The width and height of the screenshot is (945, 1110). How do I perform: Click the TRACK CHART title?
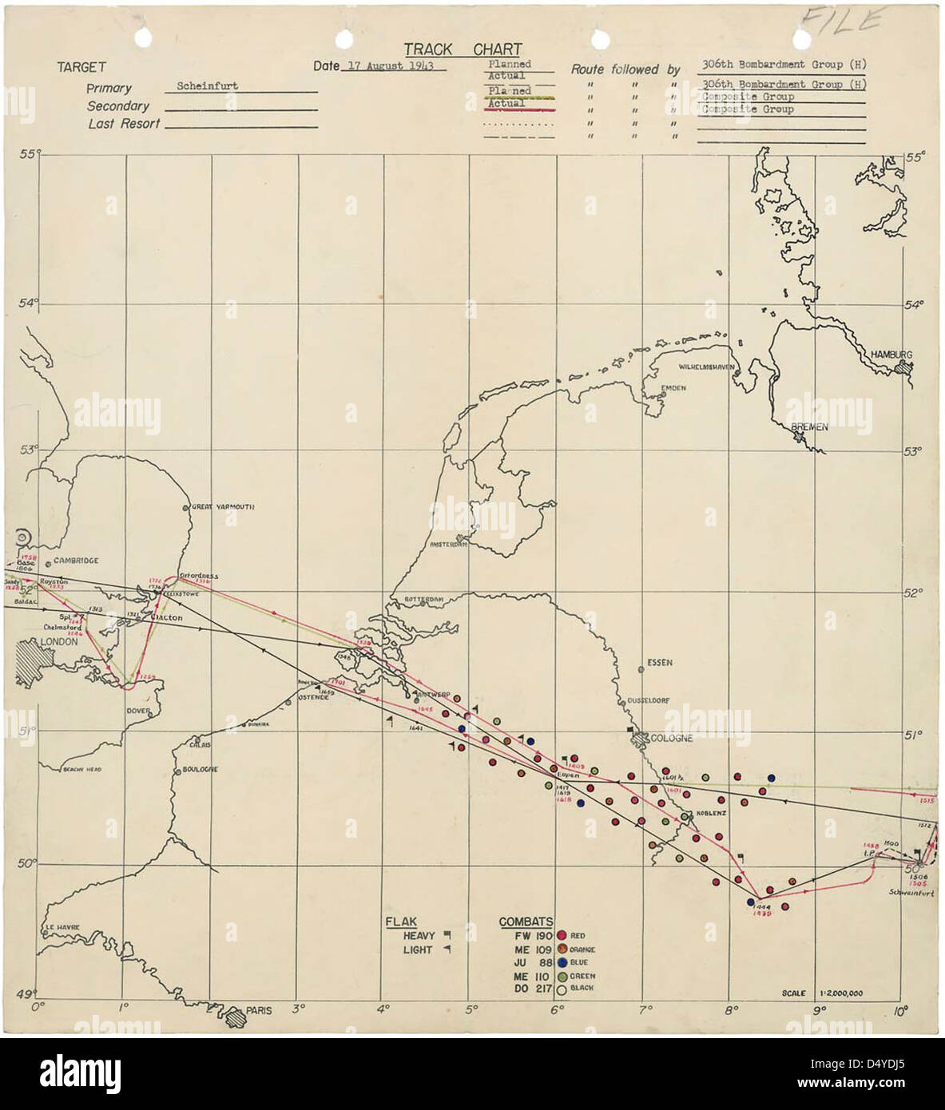462,50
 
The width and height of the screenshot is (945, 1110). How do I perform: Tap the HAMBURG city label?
891,355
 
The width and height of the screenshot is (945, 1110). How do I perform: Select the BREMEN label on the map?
808,427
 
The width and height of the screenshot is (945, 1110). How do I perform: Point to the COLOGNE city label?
671,738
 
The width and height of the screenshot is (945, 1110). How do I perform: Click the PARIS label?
258,1010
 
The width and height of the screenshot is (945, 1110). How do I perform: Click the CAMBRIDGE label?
76,561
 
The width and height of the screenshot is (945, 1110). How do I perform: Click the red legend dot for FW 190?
562,936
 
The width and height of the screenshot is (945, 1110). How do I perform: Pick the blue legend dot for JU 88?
562,962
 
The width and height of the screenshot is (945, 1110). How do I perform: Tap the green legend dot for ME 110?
562,975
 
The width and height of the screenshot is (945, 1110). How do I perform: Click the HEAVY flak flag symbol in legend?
447,934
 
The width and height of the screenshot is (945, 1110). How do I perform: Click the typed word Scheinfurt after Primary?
207,86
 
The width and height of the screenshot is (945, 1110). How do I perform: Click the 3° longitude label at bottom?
299,1009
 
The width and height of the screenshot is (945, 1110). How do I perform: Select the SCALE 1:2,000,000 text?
827,993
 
